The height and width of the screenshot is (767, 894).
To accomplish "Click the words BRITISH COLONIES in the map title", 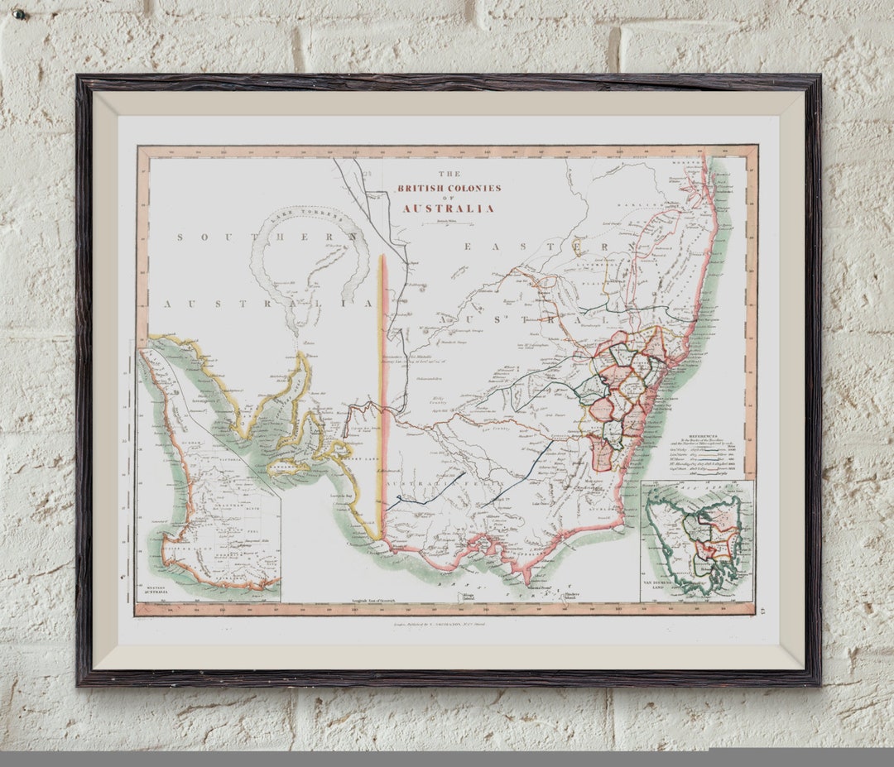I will point(449,188).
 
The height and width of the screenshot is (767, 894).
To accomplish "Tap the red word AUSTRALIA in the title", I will point(449,209).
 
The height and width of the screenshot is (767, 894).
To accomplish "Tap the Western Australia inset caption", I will point(154,589).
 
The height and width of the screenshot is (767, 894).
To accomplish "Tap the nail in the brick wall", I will point(19,14).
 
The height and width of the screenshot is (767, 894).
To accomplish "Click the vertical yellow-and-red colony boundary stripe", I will point(382,397).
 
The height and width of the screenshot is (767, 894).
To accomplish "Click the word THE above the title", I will point(449,174).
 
